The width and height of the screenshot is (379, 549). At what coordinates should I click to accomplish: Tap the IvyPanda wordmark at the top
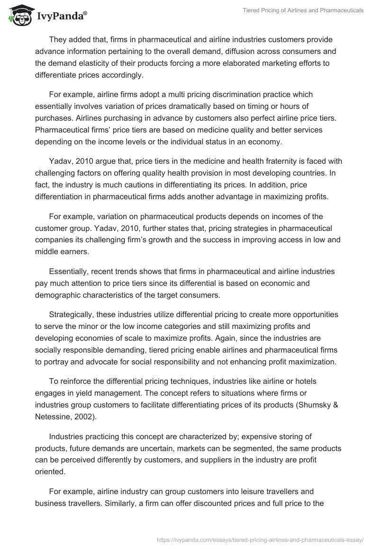(x=60, y=18)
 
